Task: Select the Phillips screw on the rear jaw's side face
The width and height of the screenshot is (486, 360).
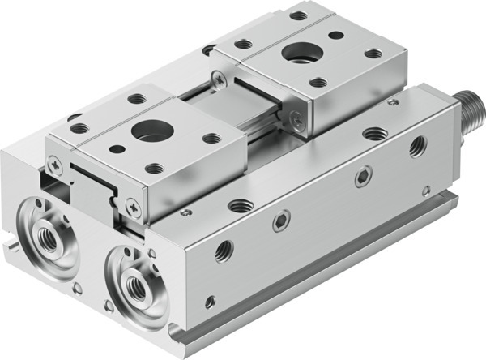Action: click(x=298, y=122)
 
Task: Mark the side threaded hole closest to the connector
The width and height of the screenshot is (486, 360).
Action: click(x=418, y=147)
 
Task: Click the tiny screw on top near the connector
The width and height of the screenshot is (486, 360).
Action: click(x=393, y=103)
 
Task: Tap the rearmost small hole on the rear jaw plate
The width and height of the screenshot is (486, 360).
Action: click(x=298, y=15)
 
